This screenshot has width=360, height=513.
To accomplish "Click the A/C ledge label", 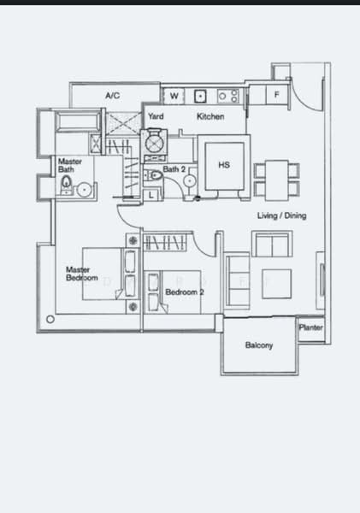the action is (113, 96).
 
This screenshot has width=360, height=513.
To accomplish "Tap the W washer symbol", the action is (174, 96).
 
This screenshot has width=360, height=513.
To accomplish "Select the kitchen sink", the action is (200, 96).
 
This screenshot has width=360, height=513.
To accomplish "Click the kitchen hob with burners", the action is (227, 96).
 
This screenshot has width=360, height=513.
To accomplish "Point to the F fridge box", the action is (277, 95).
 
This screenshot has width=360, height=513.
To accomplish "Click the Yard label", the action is (156, 116).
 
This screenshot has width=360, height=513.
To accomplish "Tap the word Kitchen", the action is (210, 116).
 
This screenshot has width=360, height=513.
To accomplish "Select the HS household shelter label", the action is (224, 165).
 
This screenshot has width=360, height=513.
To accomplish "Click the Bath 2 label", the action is (174, 169).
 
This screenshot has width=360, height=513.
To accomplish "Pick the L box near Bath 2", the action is (150, 195).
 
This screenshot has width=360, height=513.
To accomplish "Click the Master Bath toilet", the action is (67, 183).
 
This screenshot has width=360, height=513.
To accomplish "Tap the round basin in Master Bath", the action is (85, 190).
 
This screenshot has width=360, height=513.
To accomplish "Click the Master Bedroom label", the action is (82, 274).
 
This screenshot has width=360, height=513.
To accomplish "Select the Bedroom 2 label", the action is (185, 292).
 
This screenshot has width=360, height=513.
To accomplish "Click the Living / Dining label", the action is (282, 215).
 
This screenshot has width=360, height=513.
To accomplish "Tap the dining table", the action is (276, 180).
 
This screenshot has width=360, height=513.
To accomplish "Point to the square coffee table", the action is (276, 284).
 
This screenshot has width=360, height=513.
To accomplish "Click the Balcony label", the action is (259, 345).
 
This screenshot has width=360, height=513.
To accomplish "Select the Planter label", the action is (310, 327).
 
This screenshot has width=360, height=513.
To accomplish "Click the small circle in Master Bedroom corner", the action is (50, 319).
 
